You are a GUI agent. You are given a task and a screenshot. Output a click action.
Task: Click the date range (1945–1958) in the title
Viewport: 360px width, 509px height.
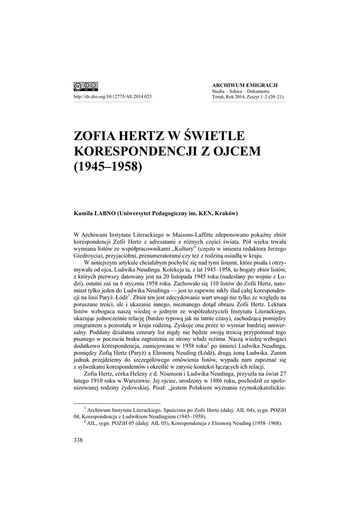108,166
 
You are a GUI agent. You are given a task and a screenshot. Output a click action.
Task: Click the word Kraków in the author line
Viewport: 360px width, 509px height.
225,214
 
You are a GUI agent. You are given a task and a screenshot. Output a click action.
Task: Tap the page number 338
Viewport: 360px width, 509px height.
78,439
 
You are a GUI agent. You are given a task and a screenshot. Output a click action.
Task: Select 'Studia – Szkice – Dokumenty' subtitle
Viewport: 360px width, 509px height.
241,91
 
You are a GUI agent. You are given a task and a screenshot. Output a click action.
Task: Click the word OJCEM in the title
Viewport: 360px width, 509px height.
237,151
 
